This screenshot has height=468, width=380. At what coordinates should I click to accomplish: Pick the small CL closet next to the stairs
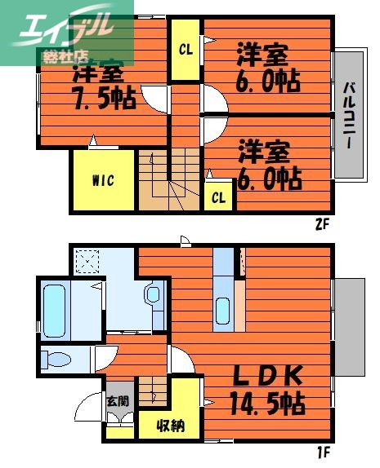coord(218,196)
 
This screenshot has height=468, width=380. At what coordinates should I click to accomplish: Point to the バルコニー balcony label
coord(348,115)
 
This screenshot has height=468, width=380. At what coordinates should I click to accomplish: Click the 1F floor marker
coord(323,450)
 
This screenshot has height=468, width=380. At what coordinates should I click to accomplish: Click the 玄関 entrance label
coord(117,401)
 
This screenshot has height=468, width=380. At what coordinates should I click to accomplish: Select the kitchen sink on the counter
coord(223,311)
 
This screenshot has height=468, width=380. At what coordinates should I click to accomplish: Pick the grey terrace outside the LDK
coord(349,326)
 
